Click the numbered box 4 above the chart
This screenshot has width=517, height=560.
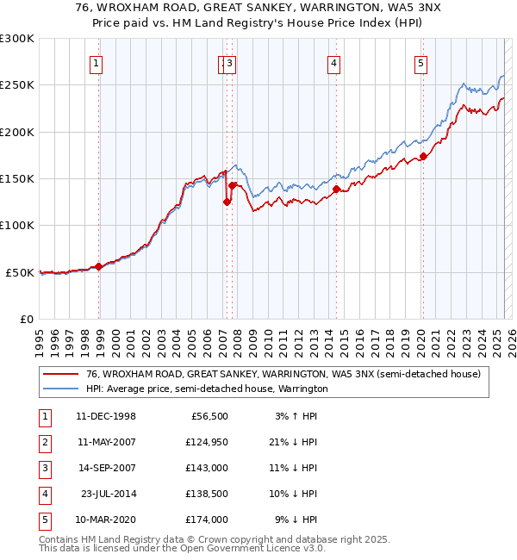(x=333, y=62)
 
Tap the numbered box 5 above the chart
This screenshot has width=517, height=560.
(x=420, y=62)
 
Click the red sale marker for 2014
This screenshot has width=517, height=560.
(x=336, y=189)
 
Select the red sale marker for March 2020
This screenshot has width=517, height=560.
(x=423, y=156)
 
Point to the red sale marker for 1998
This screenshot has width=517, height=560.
(x=99, y=265)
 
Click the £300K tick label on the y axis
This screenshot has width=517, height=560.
(x=17, y=39)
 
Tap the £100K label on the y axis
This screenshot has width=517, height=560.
(x=17, y=225)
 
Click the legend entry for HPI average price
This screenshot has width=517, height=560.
(x=207, y=389)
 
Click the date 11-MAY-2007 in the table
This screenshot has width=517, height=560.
(x=106, y=442)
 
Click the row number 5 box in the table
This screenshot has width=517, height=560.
(x=43, y=520)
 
